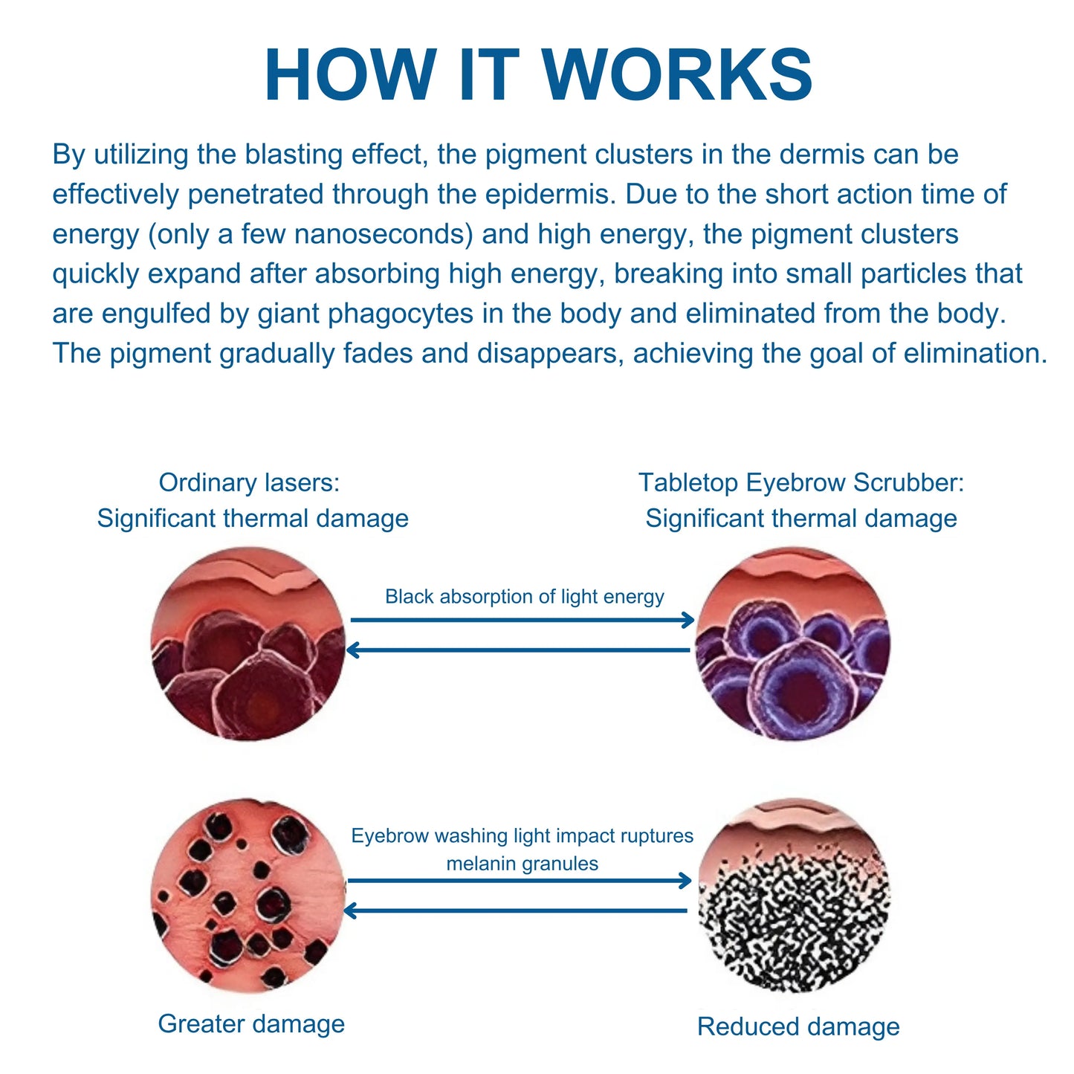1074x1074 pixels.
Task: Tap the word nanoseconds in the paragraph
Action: click(384, 234)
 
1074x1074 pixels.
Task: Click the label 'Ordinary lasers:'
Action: click(249, 482)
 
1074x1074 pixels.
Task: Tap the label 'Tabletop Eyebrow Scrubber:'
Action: click(801, 482)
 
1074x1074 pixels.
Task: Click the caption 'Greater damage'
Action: click(251, 1024)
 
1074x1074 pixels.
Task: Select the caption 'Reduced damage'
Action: click(798, 1026)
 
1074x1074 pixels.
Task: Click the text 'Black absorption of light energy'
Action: click(525, 596)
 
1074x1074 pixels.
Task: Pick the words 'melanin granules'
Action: click(523, 864)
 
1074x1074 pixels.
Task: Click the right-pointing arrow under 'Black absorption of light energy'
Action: click(523, 619)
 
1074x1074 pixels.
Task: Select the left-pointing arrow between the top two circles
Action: click(518, 650)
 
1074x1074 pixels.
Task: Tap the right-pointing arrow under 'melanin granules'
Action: click(520, 881)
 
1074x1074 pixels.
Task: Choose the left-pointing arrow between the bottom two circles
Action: click(515, 911)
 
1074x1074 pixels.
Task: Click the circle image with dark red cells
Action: click(248, 644)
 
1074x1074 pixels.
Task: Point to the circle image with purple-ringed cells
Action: click(793, 644)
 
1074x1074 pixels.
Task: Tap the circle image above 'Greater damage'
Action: click(248, 896)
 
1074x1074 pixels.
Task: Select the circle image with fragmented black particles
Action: click(795, 896)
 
